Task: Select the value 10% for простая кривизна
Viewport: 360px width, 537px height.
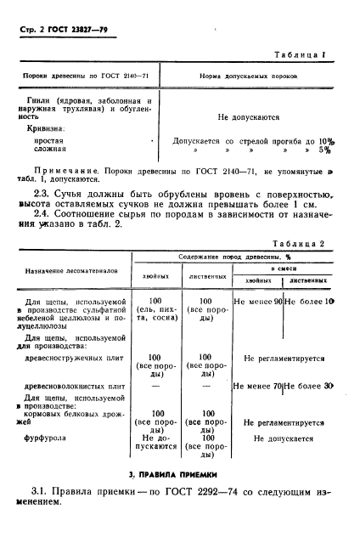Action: coord(326,141)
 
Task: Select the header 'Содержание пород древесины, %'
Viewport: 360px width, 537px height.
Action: coord(237,256)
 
